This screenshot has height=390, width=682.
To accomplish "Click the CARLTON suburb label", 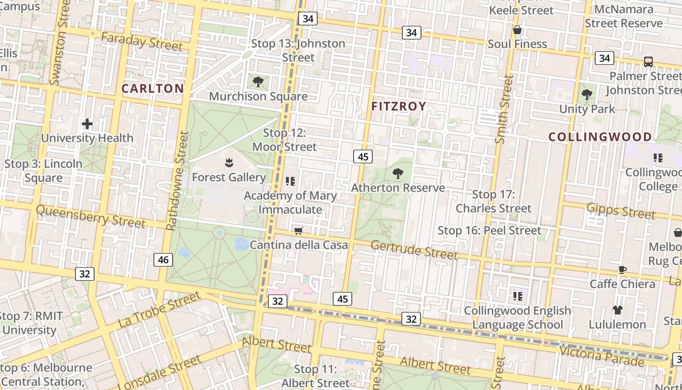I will [152, 88].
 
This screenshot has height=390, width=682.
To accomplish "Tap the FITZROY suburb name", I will [398, 106].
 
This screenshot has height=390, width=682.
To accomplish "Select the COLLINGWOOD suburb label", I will [600, 137].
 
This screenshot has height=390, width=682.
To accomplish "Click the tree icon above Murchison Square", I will [258, 82].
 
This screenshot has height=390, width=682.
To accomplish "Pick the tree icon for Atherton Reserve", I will [398, 173].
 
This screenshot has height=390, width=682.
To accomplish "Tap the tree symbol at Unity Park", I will [587, 95].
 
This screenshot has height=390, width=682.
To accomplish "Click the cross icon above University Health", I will [87, 124].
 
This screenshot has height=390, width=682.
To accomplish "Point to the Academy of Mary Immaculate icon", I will [290, 181].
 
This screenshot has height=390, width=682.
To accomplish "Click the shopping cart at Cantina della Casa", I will [298, 231].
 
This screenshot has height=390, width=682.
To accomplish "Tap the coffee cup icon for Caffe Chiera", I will [622, 270].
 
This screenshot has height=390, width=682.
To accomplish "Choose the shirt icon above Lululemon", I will [618, 310].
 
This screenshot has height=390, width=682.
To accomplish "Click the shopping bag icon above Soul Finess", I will [517, 30].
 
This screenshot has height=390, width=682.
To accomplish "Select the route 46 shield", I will [163, 260].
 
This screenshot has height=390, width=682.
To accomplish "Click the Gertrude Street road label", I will [414, 250].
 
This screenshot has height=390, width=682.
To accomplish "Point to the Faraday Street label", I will [142, 42].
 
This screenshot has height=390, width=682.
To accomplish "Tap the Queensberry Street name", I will [91, 216].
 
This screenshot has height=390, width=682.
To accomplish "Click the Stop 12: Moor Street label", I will [284, 140].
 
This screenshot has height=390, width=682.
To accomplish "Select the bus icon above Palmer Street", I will [648, 62].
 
